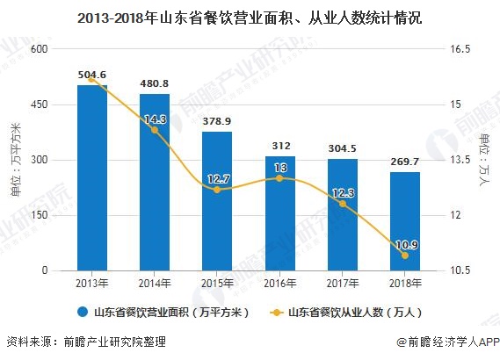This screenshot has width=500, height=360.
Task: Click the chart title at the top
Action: point(250,16)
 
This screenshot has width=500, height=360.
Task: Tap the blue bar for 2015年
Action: point(217,201)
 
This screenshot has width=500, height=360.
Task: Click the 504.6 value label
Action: point(92,75)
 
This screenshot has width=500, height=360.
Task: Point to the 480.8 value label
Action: point(155,85)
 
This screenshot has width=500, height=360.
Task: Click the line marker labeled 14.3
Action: point(155,130)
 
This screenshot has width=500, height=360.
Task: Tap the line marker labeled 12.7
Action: point(217,189)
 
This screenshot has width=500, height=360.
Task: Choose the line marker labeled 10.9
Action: point(405,256)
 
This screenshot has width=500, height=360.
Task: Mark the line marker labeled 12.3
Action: point(343,204)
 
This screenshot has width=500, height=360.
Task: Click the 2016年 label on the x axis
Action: point(279,283)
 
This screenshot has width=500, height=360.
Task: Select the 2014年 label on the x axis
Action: point(155,283)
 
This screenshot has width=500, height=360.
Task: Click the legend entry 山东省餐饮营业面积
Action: point(163,312)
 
